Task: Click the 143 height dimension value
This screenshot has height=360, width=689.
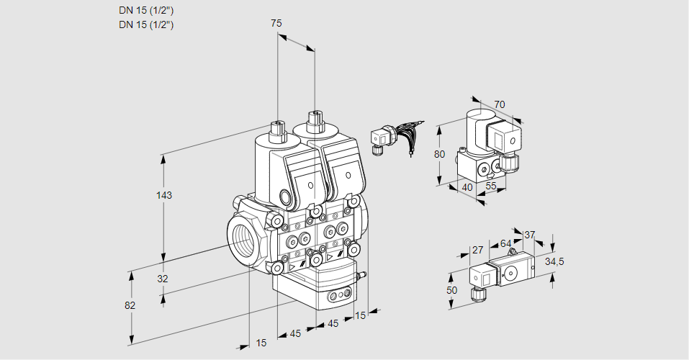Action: click(166, 195)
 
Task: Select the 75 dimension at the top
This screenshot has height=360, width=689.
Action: click(276, 23)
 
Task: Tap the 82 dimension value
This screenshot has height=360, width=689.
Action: click(130, 305)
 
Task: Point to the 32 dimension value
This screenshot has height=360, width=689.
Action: click(162, 279)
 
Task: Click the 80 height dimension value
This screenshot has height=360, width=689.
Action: click(440, 153)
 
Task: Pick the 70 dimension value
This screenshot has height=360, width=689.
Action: click(500, 104)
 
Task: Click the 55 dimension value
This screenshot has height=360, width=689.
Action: click(492, 186)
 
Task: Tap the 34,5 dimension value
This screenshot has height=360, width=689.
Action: click(554, 261)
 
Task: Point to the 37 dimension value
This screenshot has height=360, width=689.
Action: click(530, 235)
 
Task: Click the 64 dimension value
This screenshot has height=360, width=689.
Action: click(505, 243)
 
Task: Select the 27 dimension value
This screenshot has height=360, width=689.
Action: click(477, 250)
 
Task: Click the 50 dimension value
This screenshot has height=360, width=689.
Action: click(451, 289)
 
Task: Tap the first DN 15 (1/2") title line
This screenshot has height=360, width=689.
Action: click(146, 10)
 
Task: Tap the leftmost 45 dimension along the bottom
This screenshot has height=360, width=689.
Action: click(295, 333)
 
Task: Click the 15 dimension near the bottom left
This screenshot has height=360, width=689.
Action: click(261, 343)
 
